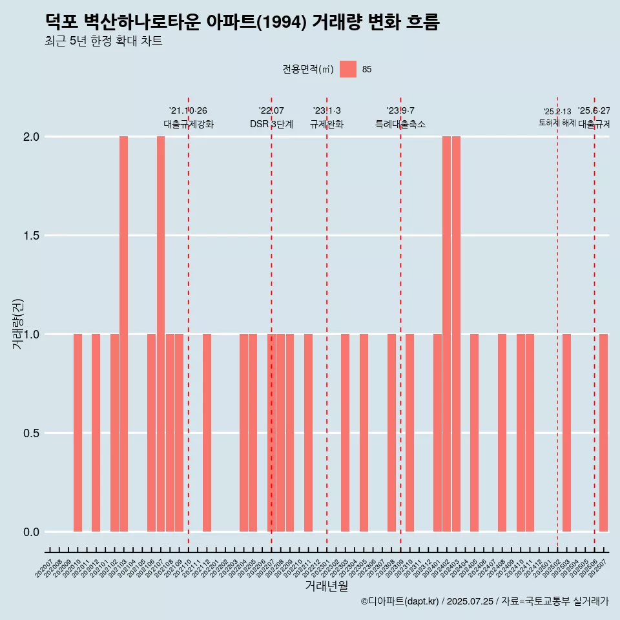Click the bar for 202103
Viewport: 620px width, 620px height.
(x=123, y=334)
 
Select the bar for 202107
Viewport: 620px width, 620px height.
(x=161, y=334)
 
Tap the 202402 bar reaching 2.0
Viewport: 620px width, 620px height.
(x=446, y=334)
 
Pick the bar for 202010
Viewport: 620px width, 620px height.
(x=77, y=433)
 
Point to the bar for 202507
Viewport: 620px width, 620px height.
(x=603, y=433)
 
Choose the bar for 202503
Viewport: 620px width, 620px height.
(x=566, y=433)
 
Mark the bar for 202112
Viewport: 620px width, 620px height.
(x=207, y=433)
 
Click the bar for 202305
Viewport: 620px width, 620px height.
(x=364, y=433)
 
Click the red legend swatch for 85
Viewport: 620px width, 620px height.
(x=348, y=69)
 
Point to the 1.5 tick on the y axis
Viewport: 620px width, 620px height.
(x=31, y=236)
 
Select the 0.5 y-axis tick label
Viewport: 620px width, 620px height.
(x=31, y=433)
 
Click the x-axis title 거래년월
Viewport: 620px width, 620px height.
(x=326, y=586)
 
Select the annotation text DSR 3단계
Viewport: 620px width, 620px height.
(x=271, y=124)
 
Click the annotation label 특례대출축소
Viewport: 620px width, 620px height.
(x=400, y=124)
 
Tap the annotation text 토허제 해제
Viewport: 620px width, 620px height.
(x=557, y=123)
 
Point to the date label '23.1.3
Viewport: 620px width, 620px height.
(x=327, y=111)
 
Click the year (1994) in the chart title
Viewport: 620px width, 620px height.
(x=282, y=23)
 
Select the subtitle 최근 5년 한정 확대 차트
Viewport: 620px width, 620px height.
(x=103, y=41)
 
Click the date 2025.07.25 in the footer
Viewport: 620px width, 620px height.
(x=470, y=601)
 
